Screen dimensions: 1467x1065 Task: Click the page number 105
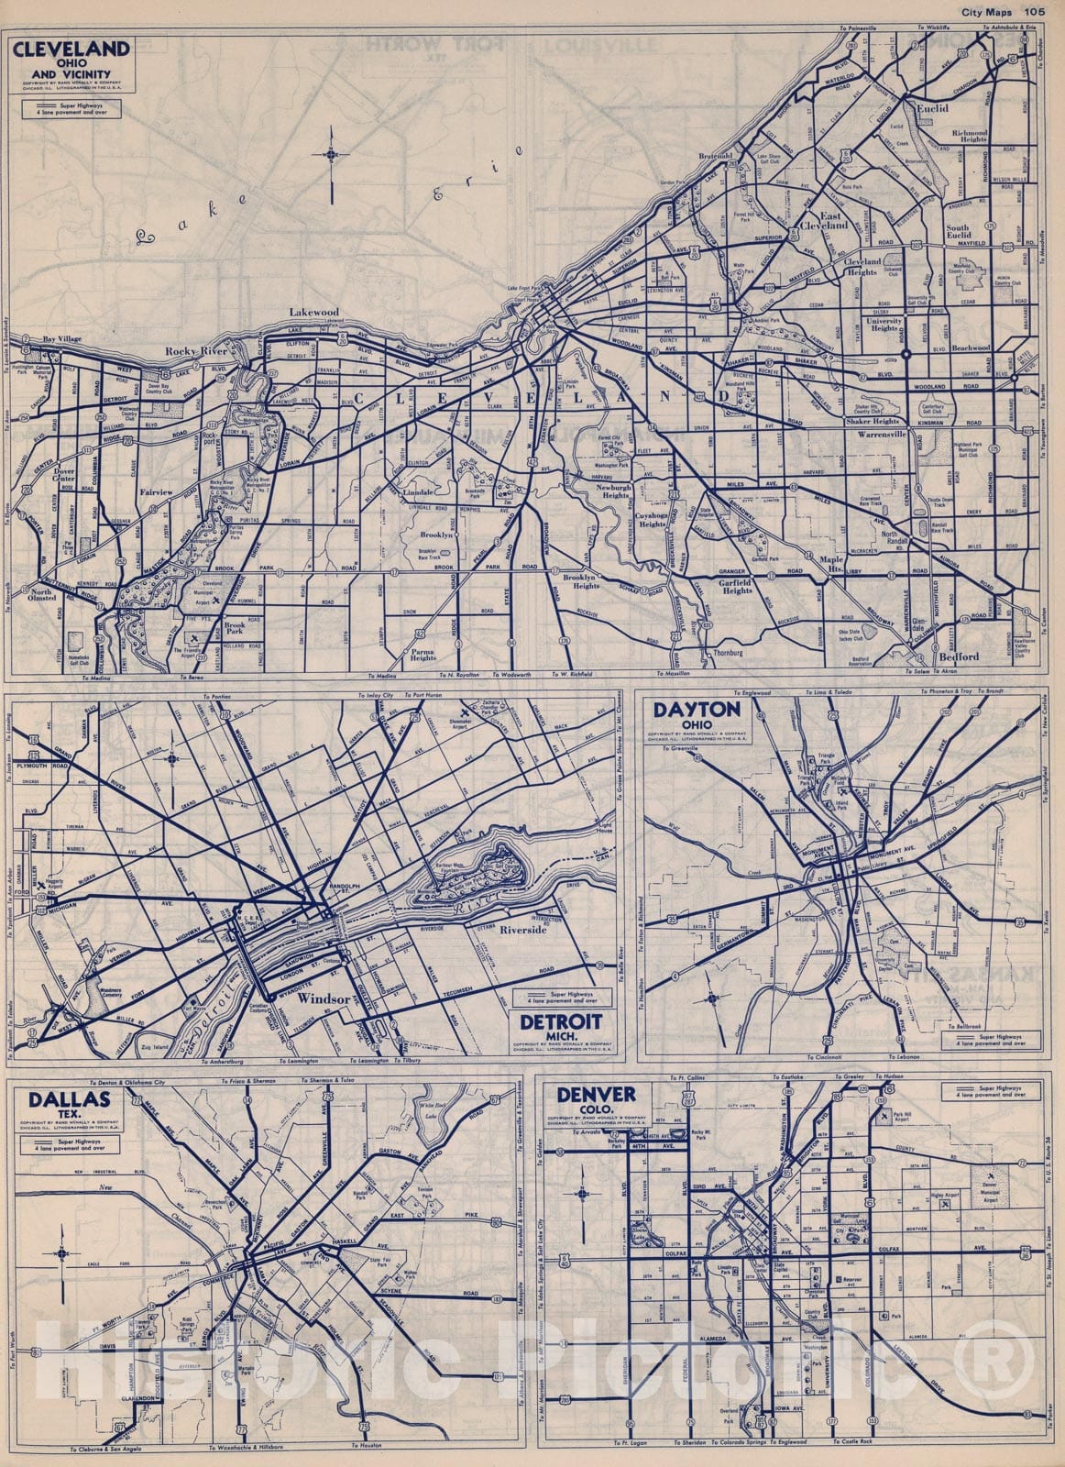point(1035,11)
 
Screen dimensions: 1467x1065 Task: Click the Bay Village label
point(62,339)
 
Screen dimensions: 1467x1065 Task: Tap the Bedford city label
point(957,656)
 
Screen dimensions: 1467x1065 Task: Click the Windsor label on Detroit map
point(324,998)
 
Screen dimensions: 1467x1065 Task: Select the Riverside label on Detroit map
point(523,930)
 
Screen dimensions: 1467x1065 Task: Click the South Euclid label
point(958,233)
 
